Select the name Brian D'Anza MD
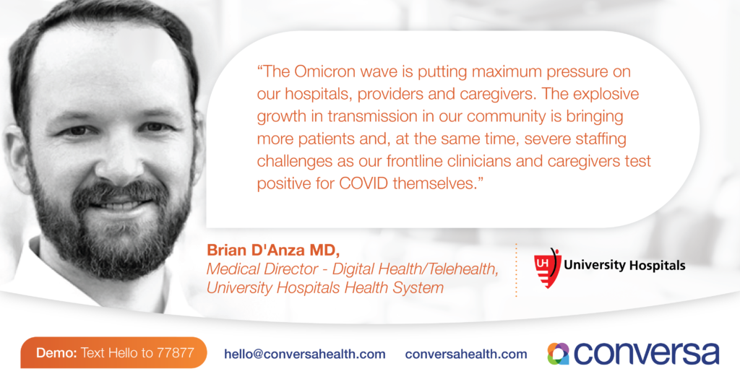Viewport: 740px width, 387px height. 273,251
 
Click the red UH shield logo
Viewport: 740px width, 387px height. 546,268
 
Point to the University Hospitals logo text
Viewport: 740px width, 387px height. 624,266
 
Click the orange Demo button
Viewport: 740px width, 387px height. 113,352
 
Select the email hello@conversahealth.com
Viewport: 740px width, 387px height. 305,354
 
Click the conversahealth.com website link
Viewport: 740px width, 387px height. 466,354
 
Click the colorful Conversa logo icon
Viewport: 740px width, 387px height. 559,354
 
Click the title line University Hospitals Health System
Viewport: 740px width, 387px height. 325,287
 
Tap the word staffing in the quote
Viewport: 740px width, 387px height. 601,139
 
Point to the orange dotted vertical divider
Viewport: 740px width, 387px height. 516,269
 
